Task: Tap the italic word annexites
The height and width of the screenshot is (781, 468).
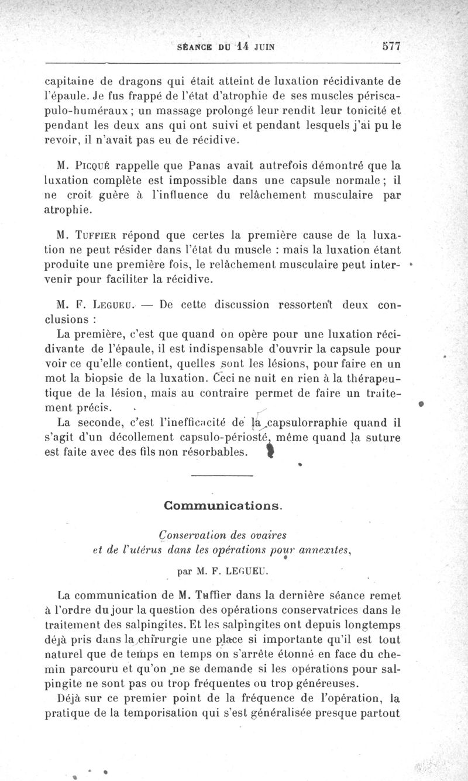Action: tap(332, 548)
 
